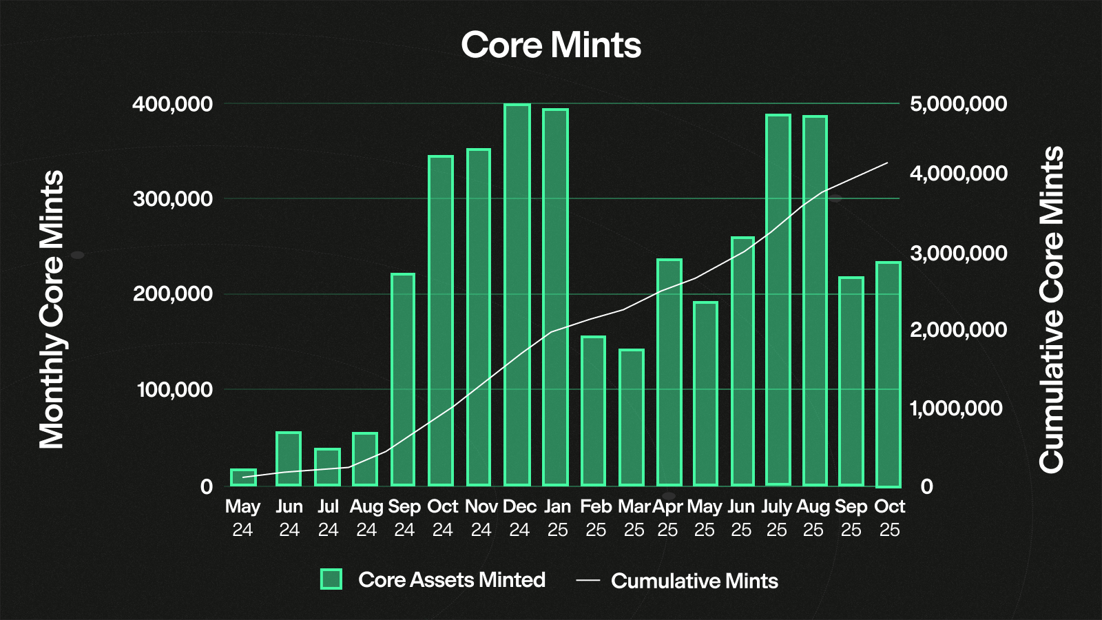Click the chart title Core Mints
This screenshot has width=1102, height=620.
point(551,45)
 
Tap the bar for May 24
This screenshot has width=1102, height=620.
point(243,477)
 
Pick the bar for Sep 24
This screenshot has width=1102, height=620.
point(403,380)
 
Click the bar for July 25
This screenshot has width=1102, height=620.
point(778,300)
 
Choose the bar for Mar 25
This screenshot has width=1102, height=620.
point(632,417)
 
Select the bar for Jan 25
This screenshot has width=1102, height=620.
point(555,297)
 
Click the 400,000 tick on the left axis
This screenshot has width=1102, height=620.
point(172,104)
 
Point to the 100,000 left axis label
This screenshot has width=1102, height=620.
point(175,390)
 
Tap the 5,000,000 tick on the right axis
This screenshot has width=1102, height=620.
point(958,104)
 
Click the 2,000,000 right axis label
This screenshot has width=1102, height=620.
point(958,330)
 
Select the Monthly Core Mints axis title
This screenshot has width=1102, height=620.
point(52,310)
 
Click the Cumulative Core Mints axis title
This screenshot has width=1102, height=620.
point(1051,310)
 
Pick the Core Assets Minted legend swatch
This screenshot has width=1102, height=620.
point(331,579)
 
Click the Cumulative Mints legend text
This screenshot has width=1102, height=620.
point(694,581)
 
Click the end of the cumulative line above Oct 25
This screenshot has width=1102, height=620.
point(888,163)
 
